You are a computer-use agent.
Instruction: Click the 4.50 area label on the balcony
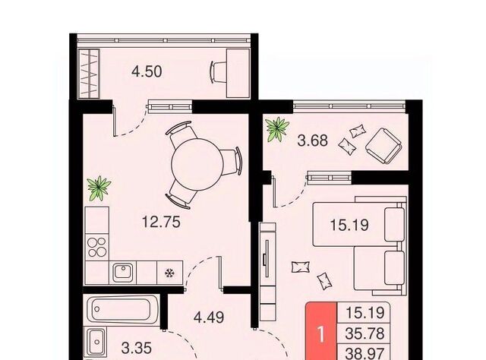tap(147, 71)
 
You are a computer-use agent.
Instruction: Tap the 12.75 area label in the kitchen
tap(161, 222)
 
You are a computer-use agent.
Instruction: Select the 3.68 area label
tap(312, 141)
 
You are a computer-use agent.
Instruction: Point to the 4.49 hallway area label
tap(209, 317)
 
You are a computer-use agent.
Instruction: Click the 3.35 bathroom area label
tap(137, 348)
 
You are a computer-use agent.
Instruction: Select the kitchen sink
tap(123, 272)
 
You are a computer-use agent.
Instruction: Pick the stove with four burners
tap(96, 247)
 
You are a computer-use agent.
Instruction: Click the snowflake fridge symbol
tap(169, 273)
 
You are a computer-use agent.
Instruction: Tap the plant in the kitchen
tap(99, 188)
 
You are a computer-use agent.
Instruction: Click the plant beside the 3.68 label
tap(277, 129)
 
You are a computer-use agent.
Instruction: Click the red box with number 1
tap(321, 331)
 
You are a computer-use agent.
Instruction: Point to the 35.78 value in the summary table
tap(364, 333)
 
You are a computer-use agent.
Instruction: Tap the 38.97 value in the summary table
tap(364, 353)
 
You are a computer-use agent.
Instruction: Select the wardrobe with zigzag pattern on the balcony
tap(88, 74)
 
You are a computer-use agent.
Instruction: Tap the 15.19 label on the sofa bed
tap(349, 225)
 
